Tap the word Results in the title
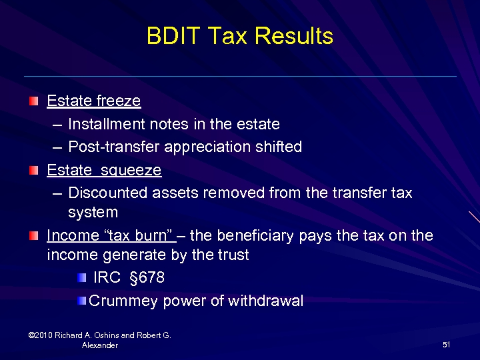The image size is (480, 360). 293,36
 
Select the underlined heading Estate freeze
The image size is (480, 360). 93,101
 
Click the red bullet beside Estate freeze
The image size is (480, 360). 33,101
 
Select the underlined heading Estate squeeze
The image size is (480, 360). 104,170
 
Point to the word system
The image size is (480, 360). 93,213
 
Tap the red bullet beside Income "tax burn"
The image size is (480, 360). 33,235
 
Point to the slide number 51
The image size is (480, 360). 446,344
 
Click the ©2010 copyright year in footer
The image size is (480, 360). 42,335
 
